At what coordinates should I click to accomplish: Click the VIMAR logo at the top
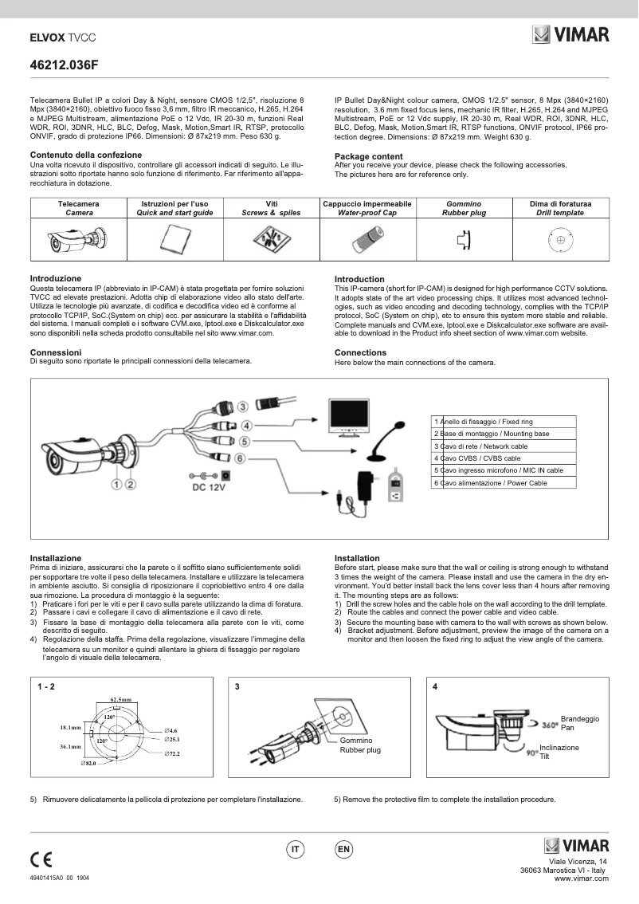[570, 35]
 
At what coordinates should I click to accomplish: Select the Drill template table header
[560, 209]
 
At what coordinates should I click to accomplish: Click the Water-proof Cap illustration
[368, 238]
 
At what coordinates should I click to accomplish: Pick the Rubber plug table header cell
[463, 209]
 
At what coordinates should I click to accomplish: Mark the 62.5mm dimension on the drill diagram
[121, 699]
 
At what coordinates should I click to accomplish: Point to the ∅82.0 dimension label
[88, 764]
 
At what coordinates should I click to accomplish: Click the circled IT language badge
[295, 850]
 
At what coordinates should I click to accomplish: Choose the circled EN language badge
[344, 850]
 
